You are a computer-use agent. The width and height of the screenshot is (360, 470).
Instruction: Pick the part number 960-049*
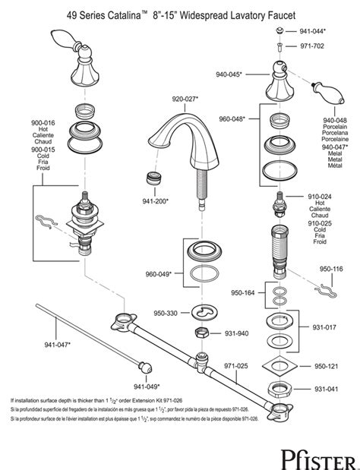[157, 273]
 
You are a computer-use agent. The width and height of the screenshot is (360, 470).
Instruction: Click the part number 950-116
[331, 268]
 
